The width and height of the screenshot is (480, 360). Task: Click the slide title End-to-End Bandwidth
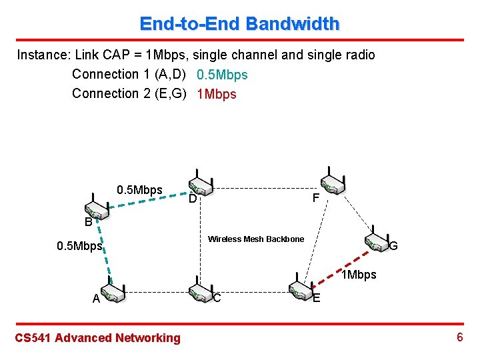(x=239, y=24)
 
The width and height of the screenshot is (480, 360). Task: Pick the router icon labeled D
(x=200, y=185)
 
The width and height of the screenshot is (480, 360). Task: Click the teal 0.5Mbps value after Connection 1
(x=222, y=75)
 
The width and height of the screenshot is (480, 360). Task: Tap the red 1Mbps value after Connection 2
(x=217, y=94)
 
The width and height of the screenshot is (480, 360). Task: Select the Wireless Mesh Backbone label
(x=256, y=239)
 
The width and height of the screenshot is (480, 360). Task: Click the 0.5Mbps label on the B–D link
(x=139, y=190)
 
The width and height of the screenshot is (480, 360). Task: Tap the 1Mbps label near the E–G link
(x=359, y=275)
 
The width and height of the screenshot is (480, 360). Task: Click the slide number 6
(x=459, y=337)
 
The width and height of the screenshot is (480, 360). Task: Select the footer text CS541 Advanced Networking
(x=97, y=338)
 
